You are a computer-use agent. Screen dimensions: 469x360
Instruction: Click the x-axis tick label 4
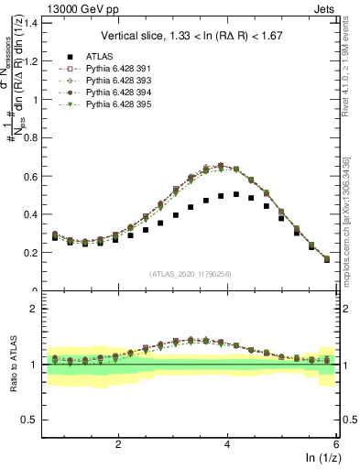tap(227, 443)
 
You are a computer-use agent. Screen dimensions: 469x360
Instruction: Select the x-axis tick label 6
tap(336, 443)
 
